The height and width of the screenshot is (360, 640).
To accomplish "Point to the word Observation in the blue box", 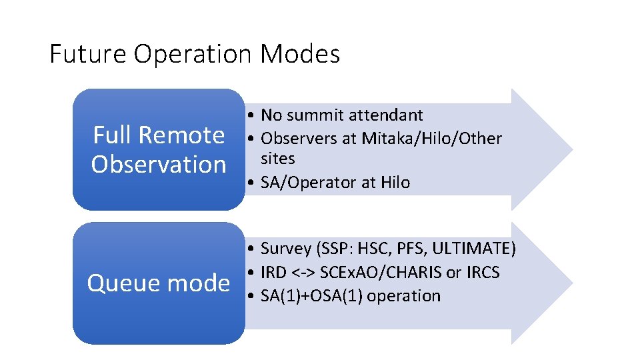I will [x=159, y=164].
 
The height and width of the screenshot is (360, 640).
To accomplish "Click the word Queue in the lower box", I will [x=124, y=283].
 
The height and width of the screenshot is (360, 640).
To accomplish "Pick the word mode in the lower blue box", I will [x=199, y=283].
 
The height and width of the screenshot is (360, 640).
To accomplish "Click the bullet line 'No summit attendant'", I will [x=341, y=115].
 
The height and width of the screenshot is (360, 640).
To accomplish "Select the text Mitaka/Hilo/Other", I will [x=431, y=139].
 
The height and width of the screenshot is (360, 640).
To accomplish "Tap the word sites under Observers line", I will [x=278, y=159].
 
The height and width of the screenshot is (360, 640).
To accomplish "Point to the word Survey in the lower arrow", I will [x=286, y=249].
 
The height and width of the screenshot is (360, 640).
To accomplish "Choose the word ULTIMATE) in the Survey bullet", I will [x=474, y=249].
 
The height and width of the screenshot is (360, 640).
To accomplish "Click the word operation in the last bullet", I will [x=404, y=296].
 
